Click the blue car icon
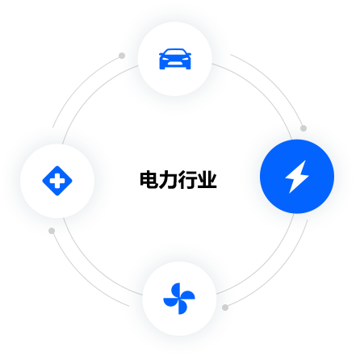[x=175, y=59]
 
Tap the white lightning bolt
[x=297, y=177]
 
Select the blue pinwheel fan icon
[x=179, y=299]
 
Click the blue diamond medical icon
[x=57, y=181]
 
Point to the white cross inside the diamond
[x=57, y=181]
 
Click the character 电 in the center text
[x=149, y=179]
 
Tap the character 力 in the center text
[x=169, y=179]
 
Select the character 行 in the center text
[x=188, y=179]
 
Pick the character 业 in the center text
[x=207, y=179]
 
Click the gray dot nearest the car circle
[x=122, y=56]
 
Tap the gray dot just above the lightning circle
[x=303, y=128]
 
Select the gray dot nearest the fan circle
[x=225, y=308]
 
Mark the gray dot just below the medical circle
[x=52, y=231]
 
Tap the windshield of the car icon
[x=175, y=53]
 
